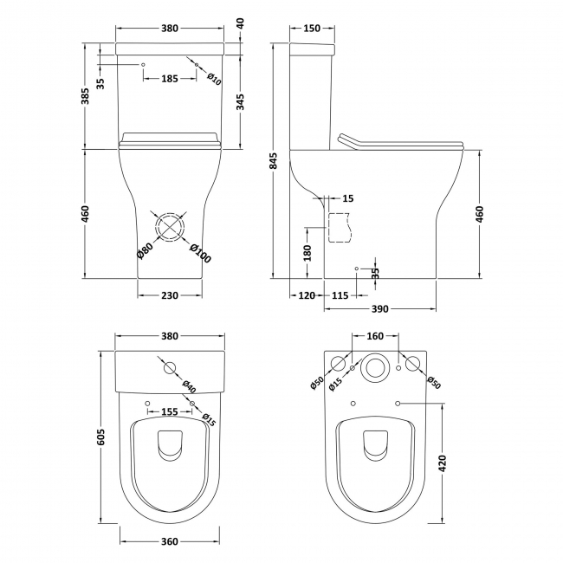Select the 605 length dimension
pyautogui.click(x=100, y=438)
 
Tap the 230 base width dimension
pyautogui.click(x=169, y=295)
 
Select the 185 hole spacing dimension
pyautogui.click(x=169, y=79)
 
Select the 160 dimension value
pyautogui.click(x=375, y=336)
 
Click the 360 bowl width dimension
pyautogui.click(x=169, y=541)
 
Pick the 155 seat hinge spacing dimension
pyautogui.click(x=169, y=412)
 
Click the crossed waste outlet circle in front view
pyautogui.click(x=170, y=226)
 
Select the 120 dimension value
pyautogui.click(x=304, y=295)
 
